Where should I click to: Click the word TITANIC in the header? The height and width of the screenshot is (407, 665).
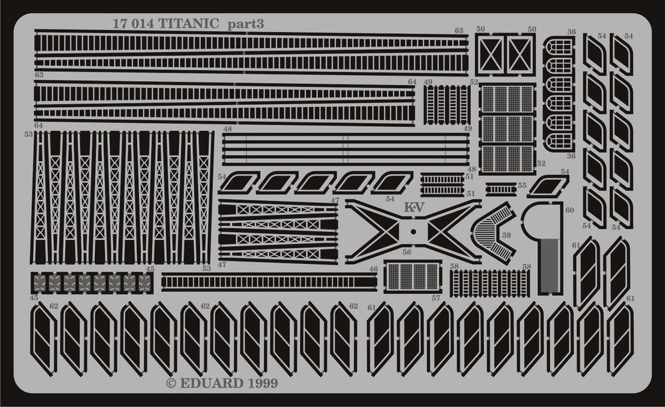[189, 24]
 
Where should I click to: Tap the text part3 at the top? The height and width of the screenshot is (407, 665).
[246, 25]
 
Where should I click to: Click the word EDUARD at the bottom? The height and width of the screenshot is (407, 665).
[211, 384]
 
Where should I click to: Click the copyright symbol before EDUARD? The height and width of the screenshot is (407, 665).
[171, 384]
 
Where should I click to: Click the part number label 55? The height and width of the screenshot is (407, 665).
[522, 186]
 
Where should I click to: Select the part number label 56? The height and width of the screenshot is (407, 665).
[407, 252]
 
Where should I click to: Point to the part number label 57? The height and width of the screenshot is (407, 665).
[436, 299]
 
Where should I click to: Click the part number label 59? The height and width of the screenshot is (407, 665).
[506, 235]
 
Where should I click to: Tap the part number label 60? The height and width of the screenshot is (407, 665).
[570, 210]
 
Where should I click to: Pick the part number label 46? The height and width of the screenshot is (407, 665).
[373, 269]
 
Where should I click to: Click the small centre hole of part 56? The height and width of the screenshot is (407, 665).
[413, 231]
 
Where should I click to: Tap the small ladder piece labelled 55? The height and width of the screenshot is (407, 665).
[501, 187]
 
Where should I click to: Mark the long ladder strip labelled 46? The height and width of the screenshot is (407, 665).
[269, 281]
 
